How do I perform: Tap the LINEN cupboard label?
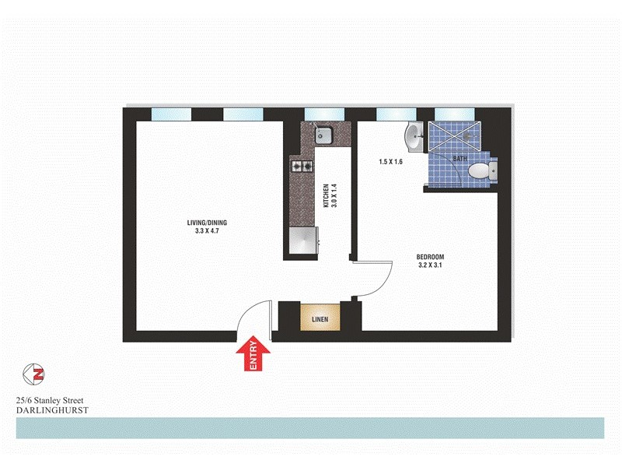click(320, 319)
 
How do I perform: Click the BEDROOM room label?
click(430, 258)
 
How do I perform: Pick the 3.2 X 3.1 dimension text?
click(430, 266)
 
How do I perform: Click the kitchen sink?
click(323, 136)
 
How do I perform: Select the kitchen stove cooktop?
click(302, 165)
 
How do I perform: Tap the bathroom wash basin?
click(413, 137)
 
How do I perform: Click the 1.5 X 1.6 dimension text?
click(391, 162)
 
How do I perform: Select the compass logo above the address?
click(33, 374)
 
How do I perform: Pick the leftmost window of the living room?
click(171, 114)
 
